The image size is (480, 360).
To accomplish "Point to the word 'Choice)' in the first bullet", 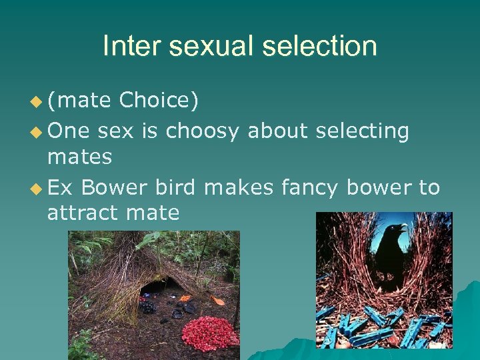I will click(x=158, y=101).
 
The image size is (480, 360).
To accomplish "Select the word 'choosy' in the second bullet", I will click(x=202, y=131).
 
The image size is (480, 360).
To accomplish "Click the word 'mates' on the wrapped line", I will click(x=79, y=157).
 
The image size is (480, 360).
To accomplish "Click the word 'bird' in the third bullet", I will click(x=175, y=188).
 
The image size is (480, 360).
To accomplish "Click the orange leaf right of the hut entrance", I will click(x=217, y=300).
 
